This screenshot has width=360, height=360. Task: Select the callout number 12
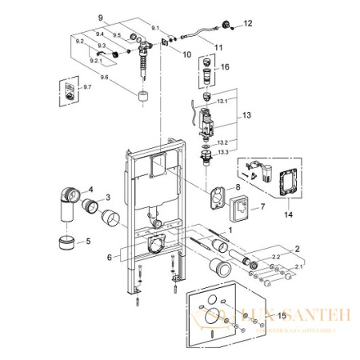(247, 24)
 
